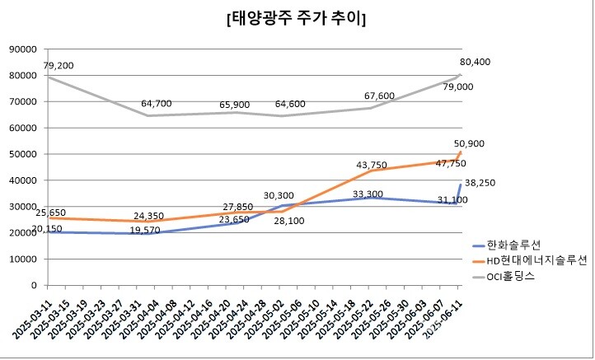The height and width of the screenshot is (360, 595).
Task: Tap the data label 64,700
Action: pos(157,104)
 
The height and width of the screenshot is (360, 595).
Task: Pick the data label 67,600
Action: pos(379,96)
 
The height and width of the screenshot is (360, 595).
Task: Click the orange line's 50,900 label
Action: pos(476,143)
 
